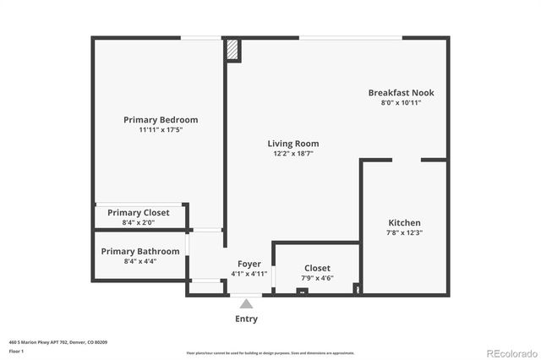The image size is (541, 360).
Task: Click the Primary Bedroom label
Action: [x=161, y=120]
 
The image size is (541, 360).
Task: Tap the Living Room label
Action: [x=293, y=144]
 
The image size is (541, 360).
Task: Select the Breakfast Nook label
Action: [x=401, y=92]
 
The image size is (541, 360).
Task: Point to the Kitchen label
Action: [x=403, y=222]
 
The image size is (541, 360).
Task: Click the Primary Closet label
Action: [x=139, y=212]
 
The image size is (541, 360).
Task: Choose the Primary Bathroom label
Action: [x=140, y=251]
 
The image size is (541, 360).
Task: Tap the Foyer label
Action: [x=249, y=264]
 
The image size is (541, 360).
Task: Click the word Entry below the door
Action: [x=246, y=319]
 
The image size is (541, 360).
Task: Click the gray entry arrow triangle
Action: [x=246, y=303]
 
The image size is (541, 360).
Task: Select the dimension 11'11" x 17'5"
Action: [x=161, y=130]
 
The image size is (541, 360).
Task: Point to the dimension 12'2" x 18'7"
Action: [x=293, y=154]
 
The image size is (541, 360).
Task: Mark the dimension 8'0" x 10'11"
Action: [x=401, y=102]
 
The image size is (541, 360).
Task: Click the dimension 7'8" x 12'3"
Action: [x=403, y=232]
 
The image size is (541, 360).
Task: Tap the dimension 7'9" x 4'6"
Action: [x=317, y=278]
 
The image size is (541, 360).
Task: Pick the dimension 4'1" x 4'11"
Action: [x=249, y=274]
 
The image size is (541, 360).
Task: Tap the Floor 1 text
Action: [x=16, y=350]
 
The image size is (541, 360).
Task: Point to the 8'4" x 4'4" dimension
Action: [x=140, y=261]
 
